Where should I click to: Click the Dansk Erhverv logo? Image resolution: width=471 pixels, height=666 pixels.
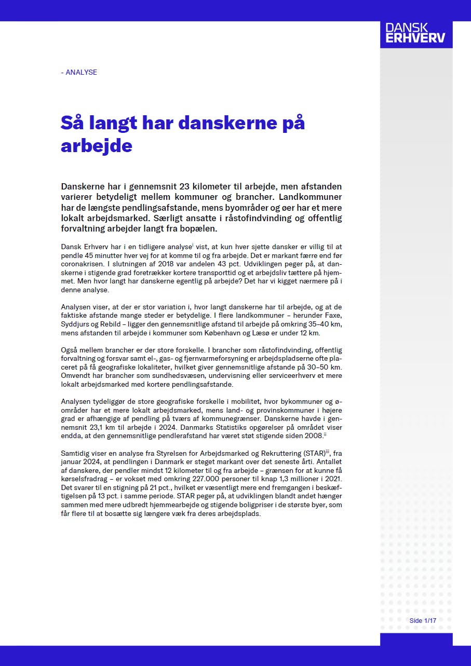[416, 33]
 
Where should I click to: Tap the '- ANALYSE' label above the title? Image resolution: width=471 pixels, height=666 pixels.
[79, 72]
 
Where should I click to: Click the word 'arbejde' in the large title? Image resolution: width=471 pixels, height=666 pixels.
[97, 145]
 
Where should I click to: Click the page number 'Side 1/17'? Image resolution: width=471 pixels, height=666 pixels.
[422, 621]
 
